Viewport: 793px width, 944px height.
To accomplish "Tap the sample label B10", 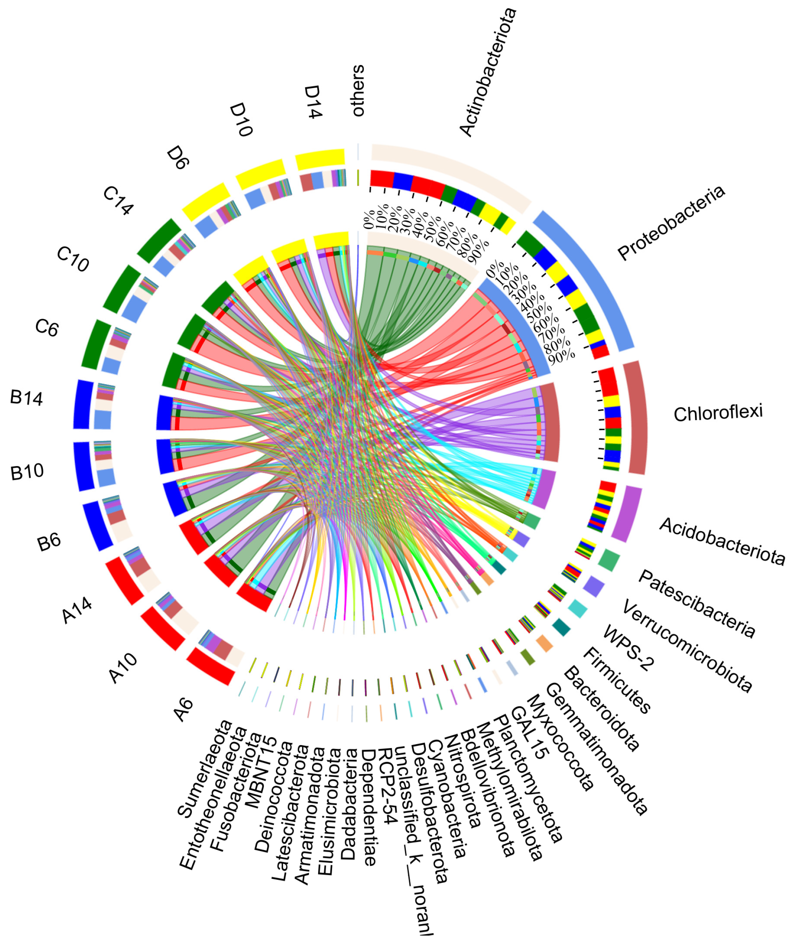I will [27, 472].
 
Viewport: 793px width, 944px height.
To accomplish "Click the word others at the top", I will [358, 91].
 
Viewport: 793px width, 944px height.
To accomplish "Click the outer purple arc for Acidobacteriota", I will [626, 514].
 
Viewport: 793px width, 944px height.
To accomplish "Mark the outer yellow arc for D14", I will [320, 159].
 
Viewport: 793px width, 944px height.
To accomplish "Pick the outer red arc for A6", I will [210, 665].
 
